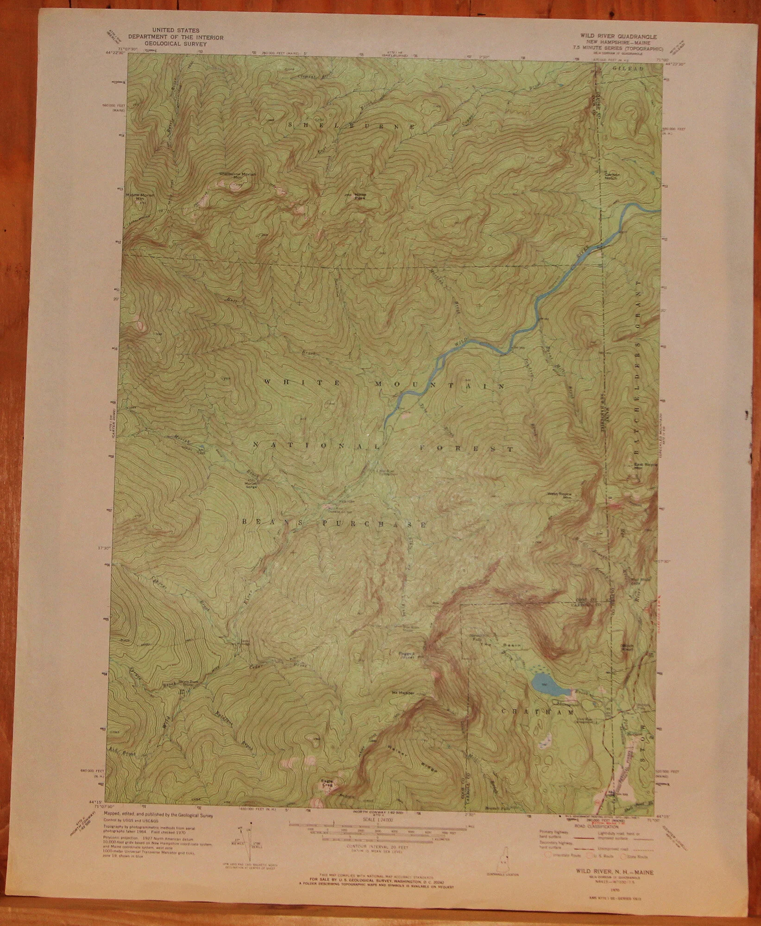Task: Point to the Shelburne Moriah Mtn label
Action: coord(231,175)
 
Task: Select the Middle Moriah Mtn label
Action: coord(140,196)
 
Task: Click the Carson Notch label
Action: coord(611,176)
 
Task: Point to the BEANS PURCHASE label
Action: coord(334,524)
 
